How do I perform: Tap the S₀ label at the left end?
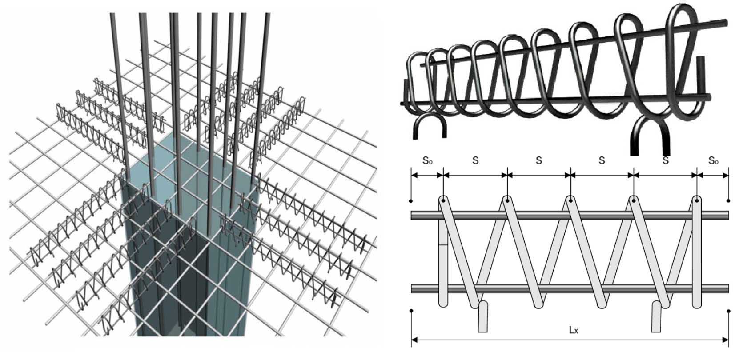(427, 160)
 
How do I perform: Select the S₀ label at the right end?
(713, 160)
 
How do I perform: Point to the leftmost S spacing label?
(475, 160)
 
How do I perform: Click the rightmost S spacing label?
(665, 160)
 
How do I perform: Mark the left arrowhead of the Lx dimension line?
(414, 341)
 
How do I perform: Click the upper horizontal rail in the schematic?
(569, 216)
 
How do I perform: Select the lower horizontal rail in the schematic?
(569, 289)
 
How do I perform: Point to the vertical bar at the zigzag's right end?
(697, 253)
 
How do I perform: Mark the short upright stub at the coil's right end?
(701, 71)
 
